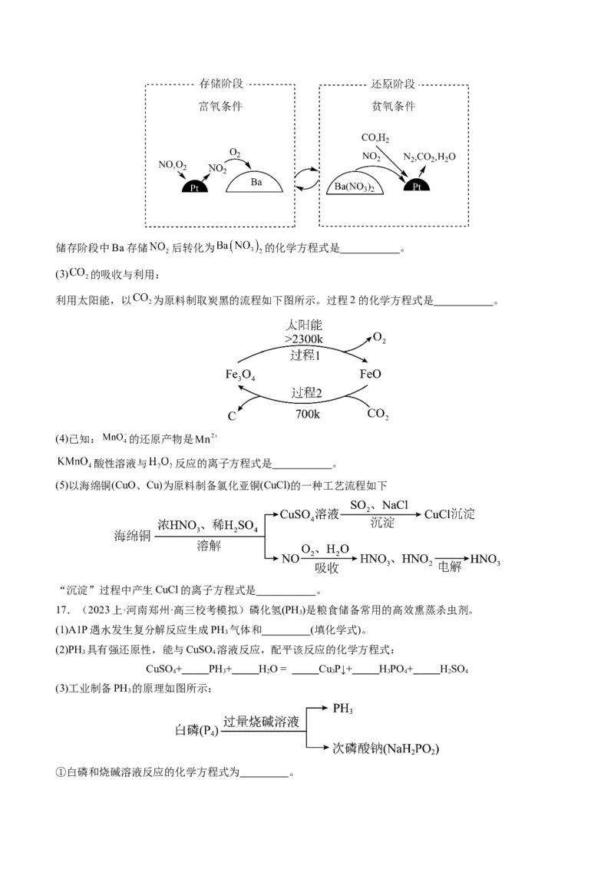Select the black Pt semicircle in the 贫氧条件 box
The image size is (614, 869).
(417, 186)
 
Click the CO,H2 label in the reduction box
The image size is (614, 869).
(375, 139)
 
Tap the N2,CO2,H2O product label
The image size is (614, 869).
(430, 157)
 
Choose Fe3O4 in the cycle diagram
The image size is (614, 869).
(240, 375)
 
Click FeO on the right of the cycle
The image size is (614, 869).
(370, 375)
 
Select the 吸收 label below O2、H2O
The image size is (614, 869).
(326, 567)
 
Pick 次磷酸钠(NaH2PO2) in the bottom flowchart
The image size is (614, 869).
(390, 747)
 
